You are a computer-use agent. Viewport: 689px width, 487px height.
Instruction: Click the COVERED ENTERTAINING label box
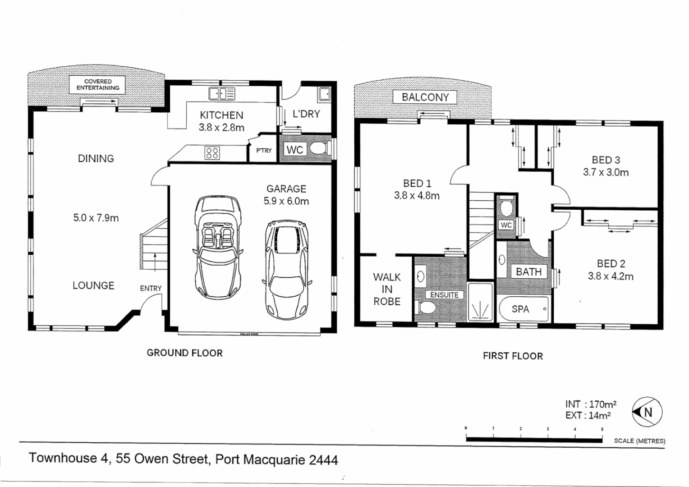point(98,85)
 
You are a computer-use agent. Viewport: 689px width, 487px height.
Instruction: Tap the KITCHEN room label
point(221,115)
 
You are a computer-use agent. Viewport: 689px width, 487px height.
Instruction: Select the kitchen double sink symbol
point(221,93)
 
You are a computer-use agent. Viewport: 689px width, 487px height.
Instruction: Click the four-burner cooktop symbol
point(212,153)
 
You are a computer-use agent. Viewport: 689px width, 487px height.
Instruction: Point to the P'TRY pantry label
point(264,150)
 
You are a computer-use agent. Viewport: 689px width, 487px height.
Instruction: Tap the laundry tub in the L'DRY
point(324,94)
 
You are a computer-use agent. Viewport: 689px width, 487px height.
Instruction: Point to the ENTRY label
point(151,288)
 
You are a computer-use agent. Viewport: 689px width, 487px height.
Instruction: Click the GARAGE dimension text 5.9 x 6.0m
point(286,201)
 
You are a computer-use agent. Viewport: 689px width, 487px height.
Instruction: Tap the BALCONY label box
point(425,97)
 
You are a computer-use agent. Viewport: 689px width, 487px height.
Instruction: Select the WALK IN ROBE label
point(386,289)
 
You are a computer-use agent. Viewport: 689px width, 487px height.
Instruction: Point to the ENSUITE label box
point(444,295)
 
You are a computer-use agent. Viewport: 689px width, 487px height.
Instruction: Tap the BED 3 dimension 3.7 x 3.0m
point(606,172)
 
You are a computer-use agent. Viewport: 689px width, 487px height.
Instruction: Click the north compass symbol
point(647,412)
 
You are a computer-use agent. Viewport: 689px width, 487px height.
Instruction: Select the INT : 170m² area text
point(591,404)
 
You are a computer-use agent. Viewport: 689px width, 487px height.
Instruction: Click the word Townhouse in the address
point(69,459)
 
